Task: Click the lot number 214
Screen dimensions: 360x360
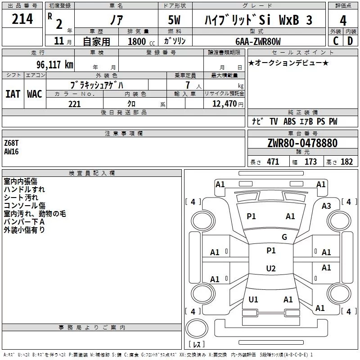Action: pyautogui.click(x=22, y=19)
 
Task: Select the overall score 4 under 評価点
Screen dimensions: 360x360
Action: pyautogui.click(x=343, y=20)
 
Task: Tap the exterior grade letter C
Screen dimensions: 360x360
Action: pyautogui.click(x=336, y=41)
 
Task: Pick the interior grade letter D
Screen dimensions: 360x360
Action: pyautogui.click(x=350, y=41)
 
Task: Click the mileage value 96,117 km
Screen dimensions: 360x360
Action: pyautogui.click(x=54, y=65)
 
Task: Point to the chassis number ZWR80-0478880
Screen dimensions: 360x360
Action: pyautogui.click(x=302, y=143)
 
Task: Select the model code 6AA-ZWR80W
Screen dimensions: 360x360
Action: pyautogui.click(x=258, y=41)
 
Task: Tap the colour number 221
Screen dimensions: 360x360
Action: pyautogui.click(x=74, y=104)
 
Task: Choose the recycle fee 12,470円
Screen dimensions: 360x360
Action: pyautogui.click(x=228, y=104)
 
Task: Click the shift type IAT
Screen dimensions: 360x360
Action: pyautogui.click(x=13, y=94)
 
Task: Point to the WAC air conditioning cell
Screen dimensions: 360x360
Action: pyautogui.click(x=35, y=94)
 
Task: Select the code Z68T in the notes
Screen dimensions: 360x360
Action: pyautogui.click(x=11, y=143)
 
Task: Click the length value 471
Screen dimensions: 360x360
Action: pyautogui.click(x=273, y=162)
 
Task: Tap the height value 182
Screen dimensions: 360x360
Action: pyautogui.click(x=346, y=162)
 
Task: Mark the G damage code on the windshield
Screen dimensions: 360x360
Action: pyautogui.click(x=284, y=237)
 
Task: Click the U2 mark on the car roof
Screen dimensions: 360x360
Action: pyautogui.click(x=271, y=268)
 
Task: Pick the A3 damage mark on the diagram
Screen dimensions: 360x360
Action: pyautogui.click(x=326, y=206)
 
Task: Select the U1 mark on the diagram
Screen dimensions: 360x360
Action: pyautogui.click(x=253, y=299)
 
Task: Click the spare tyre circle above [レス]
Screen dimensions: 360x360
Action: pyautogui.click(x=197, y=328)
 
